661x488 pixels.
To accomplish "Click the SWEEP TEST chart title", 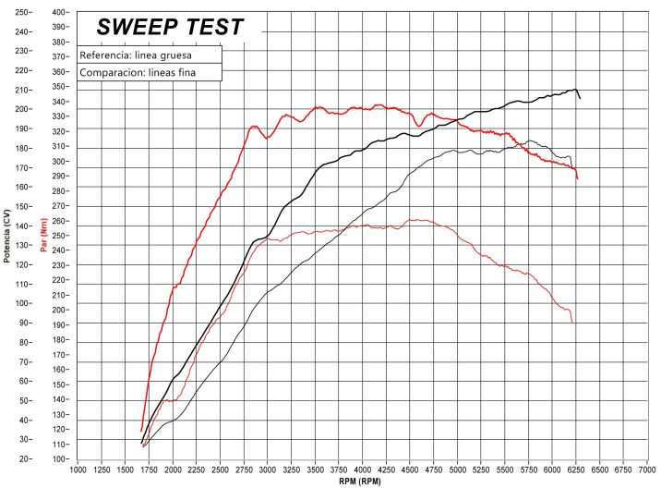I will (172, 28).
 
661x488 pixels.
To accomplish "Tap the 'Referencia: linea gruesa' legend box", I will (150, 55).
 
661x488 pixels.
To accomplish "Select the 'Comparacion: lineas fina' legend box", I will (150, 72).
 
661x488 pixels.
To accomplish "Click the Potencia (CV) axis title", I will (6, 236).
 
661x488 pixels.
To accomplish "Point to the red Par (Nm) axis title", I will (43, 236).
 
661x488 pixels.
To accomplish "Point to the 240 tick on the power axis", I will (20, 31).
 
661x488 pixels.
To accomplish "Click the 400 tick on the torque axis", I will (60, 12).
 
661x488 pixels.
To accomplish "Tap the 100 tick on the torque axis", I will (60, 458).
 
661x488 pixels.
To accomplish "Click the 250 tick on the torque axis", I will (60, 236).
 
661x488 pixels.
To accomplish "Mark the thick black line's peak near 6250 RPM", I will (575, 90).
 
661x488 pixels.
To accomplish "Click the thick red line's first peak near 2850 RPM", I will (254, 127).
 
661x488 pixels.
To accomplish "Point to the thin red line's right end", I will (572, 322).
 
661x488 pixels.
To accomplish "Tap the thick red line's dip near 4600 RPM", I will (420, 125).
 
